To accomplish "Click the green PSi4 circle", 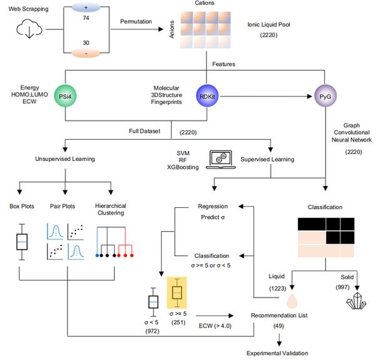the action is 65,96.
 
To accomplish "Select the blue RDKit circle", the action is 207,96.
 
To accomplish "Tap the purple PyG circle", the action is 326,96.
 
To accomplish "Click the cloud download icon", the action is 29,29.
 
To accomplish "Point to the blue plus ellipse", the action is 86,8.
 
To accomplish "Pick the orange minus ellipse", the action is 86,53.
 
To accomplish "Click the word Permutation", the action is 136,21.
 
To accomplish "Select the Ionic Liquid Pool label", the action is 269,24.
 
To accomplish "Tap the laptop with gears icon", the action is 221,159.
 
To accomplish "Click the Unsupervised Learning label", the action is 65,159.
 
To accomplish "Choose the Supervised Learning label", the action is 267,159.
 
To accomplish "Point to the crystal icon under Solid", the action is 356,301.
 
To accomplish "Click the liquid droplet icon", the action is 292,301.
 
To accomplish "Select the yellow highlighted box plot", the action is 177,292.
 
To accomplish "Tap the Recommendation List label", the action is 279,316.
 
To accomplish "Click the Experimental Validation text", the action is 277,353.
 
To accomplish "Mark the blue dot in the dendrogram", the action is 97,255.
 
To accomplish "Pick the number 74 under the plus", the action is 86,18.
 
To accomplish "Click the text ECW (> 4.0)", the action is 215,326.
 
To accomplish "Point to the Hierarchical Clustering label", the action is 111,209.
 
